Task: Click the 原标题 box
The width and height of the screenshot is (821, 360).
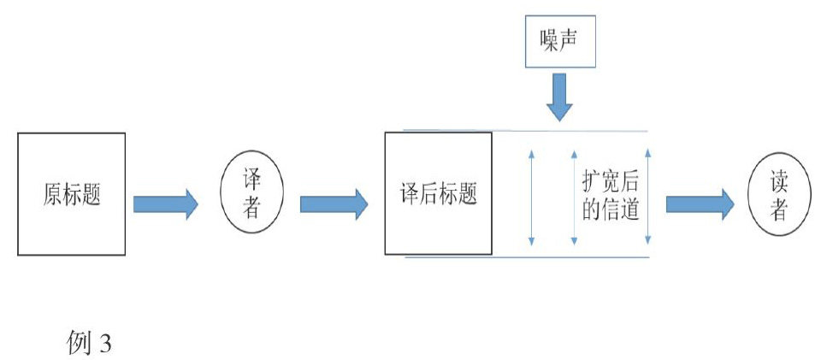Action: (x=72, y=194)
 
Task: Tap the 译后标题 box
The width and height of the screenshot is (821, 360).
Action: (x=438, y=193)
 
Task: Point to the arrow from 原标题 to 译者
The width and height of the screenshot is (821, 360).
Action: (x=165, y=204)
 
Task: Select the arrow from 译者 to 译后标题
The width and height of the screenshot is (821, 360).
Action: (x=334, y=204)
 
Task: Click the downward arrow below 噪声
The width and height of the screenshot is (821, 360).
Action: (x=561, y=97)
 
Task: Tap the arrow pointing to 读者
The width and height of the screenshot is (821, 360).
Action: (x=700, y=204)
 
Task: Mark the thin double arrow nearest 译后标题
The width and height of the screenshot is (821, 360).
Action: (x=532, y=196)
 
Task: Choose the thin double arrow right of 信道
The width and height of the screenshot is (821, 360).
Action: (x=649, y=196)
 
